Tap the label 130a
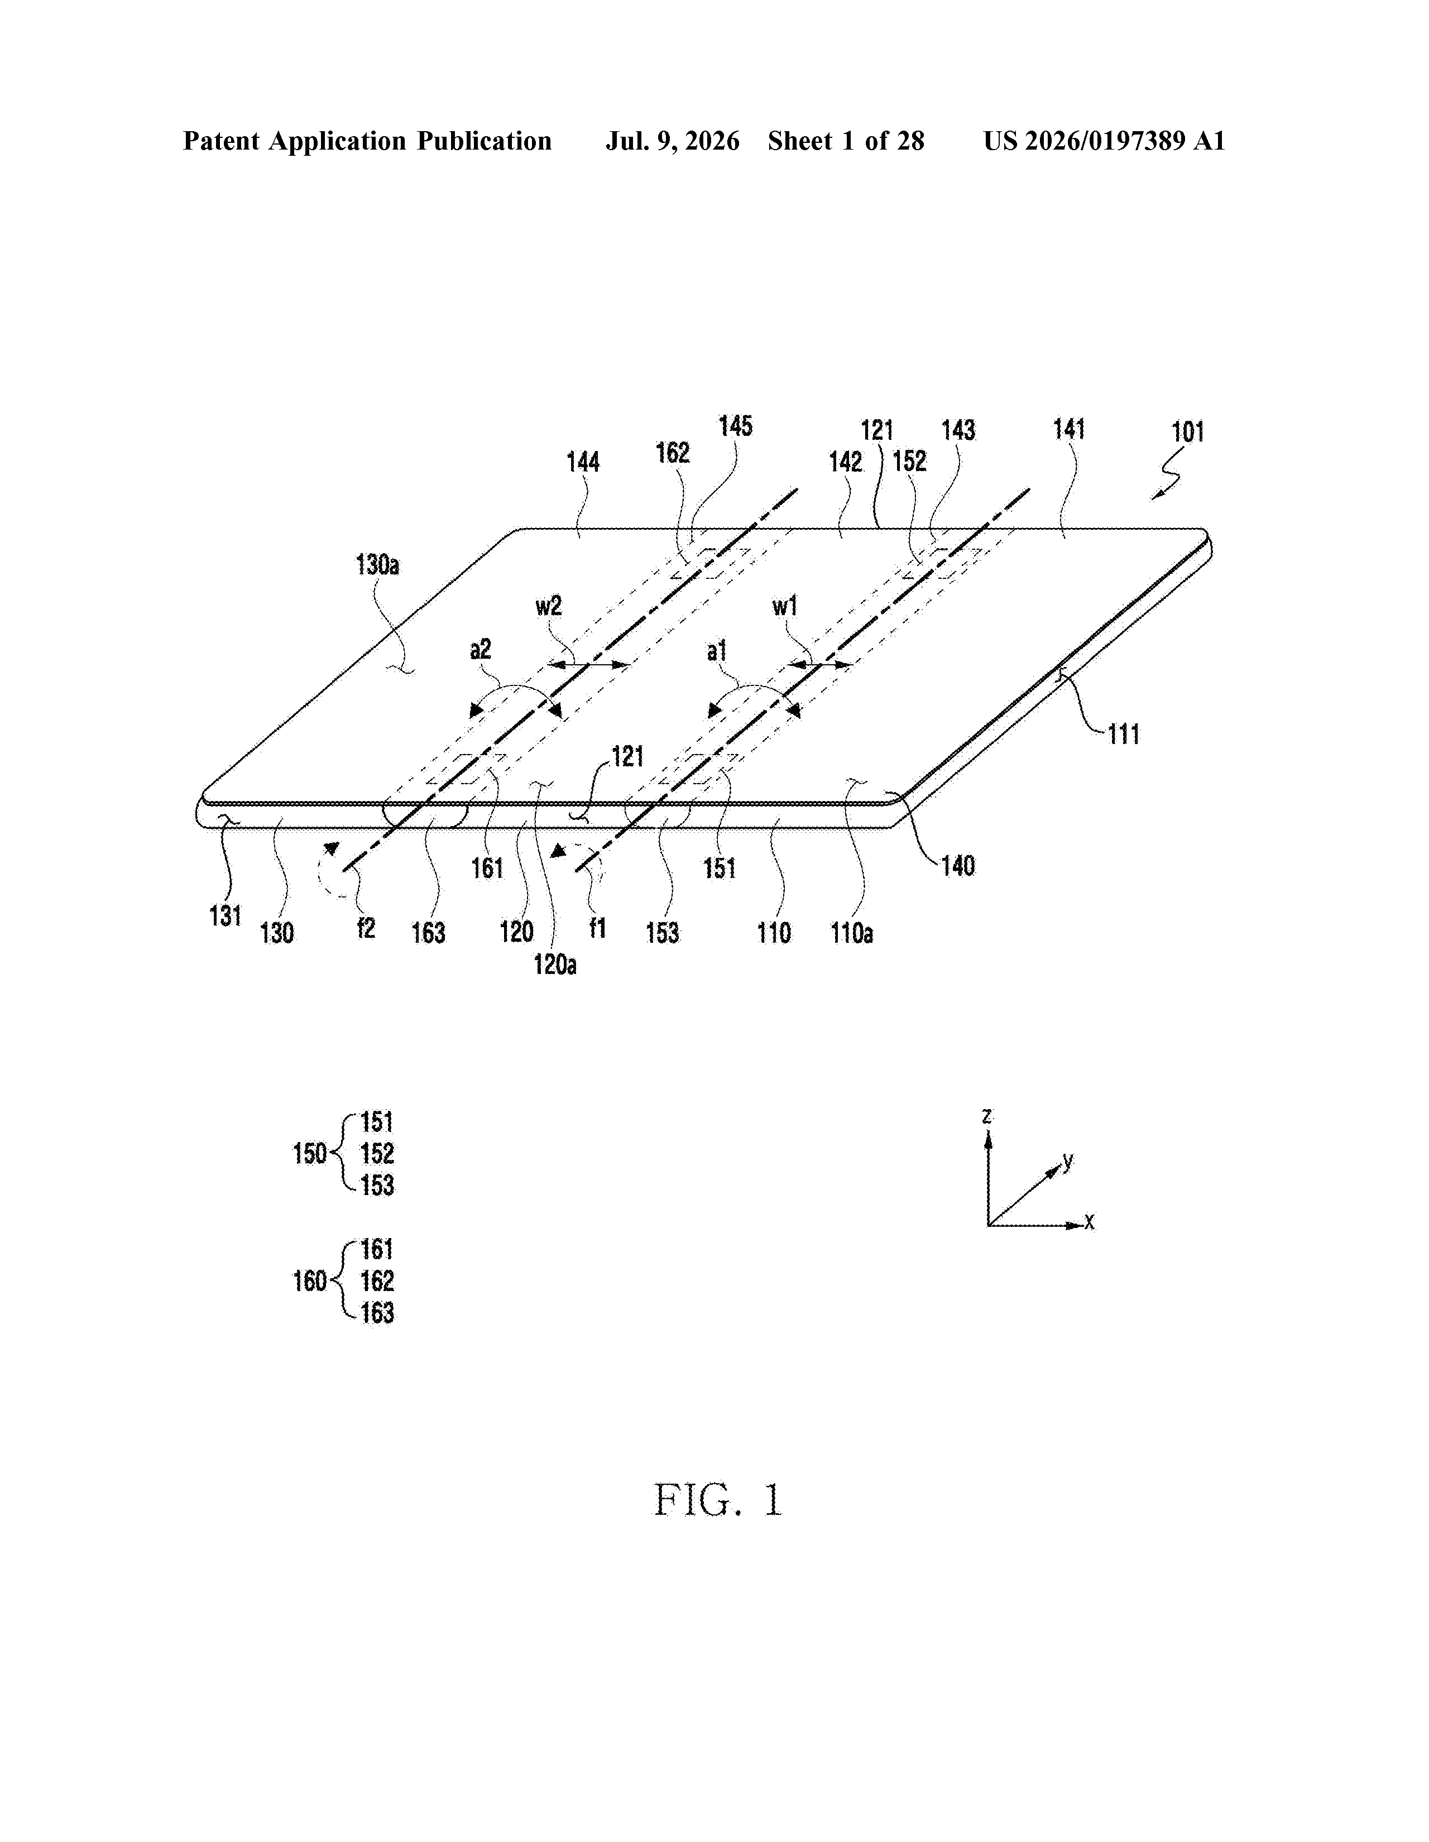[x=377, y=564]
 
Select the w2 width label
[x=548, y=606]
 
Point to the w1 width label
[x=784, y=606]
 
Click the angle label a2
[x=480, y=649]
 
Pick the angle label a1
[x=716, y=650]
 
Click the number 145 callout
[x=735, y=426]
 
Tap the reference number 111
[x=1124, y=734]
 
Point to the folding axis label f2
[x=365, y=928]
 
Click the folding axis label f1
[x=597, y=928]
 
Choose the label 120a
[x=554, y=964]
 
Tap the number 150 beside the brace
[x=309, y=1153]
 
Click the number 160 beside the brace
[x=309, y=1281]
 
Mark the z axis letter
[x=986, y=1115]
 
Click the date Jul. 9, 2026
[x=672, y=141]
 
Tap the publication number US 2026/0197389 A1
[x=1104, y=141]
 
